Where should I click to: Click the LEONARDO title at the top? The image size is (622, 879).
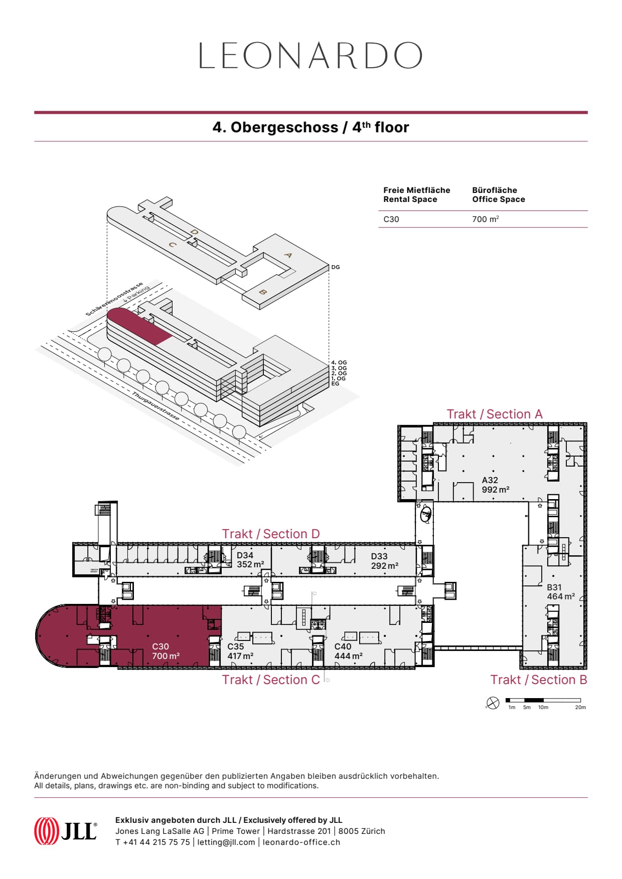pyautogui.click(x=310, y=56)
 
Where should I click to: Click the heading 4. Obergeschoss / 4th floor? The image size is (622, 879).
pyautogui.click(x=310, y=127)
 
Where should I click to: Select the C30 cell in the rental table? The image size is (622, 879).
pyautogui.click(x=391, y=219)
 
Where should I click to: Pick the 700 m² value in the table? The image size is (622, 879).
pyautogui.click(x=485, y=219)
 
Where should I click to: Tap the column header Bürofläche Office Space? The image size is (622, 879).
pyautogui.click(x=498, y=194)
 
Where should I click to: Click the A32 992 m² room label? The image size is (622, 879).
pyautogui.click(x=495, y=485)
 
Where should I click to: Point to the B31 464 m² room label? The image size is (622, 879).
pyautogui.click(x=560, y=592)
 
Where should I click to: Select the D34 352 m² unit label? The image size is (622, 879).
pyautogui.click(x=250, y=560)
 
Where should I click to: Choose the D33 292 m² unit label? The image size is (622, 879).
pyautogui.click(x=384, y=561)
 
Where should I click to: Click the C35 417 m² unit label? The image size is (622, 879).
pyautogui.click(x=240, y=651)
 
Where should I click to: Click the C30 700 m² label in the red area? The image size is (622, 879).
pyautogui.click(x=166, y=651)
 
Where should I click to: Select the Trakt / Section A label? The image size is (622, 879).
pyautogui.click(x=494, y=414)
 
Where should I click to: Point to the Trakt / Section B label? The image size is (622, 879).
pyautogui.click(x=538, y=680)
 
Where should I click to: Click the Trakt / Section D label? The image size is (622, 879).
pyautogui.click(x=270, y=534)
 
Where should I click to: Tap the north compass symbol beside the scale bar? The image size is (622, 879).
pyautogui.click(x=493, y=703)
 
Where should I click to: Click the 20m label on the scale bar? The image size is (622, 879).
pyautogui.click(x=580, y=708)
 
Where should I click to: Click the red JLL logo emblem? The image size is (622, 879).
pyautogui.click(x=46, y=830)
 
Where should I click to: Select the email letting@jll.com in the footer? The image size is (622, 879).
pyautogui.click(x=226, y=842)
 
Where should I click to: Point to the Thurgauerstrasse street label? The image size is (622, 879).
pyautogui.click(x=155, y=406)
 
